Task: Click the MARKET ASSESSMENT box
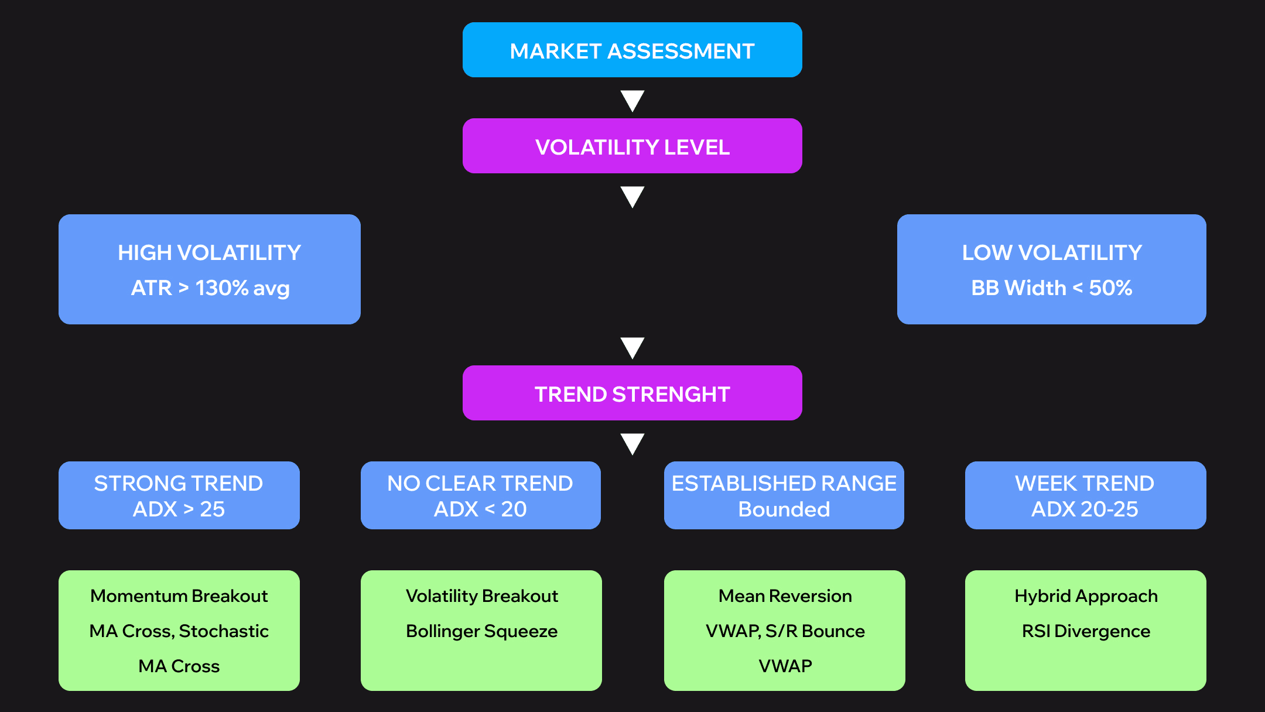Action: pos(632,50)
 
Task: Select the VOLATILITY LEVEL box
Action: pos(632,146)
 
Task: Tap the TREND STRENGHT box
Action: pos(632,393)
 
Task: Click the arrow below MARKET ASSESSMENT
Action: pos(632,100)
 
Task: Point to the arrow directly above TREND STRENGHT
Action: pos(632,347)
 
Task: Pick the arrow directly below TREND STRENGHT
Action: pos(632,443)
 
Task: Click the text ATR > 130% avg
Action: pos(210,288)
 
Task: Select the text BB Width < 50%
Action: pos(1051,288)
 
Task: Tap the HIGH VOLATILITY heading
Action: pos(209,253)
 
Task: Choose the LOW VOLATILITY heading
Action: pos(1052,253)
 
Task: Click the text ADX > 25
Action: pos(179,509)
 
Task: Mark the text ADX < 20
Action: pos(480,509)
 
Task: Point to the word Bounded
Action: pos(784,509)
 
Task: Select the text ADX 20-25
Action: pos(1085,509)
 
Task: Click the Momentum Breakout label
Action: pos(179,596)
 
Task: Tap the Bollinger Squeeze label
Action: pos(481,631)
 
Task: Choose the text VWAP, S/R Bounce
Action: pos(785,631)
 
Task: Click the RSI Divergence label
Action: pos(1086,631)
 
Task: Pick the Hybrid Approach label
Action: pos(1086,596)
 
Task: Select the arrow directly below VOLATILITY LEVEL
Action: pos(632,196)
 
